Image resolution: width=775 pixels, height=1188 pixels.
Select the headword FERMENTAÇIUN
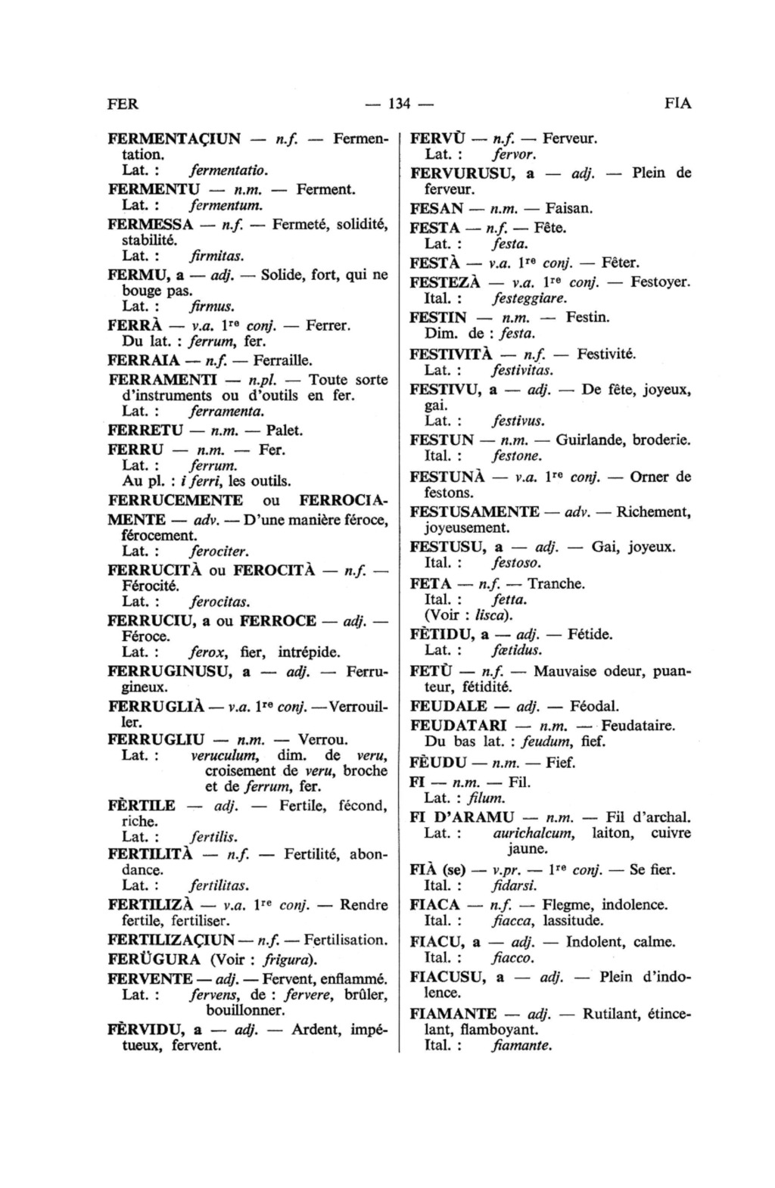pos(175,139)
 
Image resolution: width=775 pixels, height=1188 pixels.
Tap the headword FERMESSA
pos(151,224)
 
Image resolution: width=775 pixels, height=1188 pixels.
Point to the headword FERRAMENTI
pos(163,379)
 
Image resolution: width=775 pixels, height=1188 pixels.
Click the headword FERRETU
pos(146,431)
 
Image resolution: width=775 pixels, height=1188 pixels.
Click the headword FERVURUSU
pos(463,173)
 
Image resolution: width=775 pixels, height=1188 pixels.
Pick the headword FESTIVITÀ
pos(451,354)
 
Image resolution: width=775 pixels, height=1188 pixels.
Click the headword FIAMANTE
pos(453,1014)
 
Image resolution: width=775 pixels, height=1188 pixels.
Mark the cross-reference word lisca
pos(493,615)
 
